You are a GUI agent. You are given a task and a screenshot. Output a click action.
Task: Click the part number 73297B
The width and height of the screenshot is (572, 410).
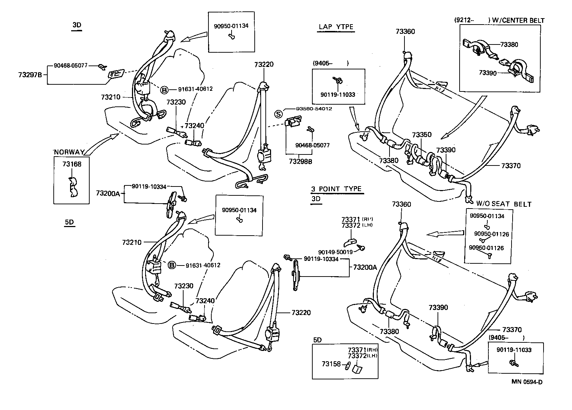click(x=30, y=75)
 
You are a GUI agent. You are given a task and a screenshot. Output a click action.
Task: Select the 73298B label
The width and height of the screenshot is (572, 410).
click(x=300, y=162)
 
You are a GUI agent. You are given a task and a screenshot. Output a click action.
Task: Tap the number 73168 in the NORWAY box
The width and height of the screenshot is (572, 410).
click(x=71, y=164)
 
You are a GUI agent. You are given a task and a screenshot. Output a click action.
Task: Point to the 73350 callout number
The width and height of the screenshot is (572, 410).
click(x=422, y=135)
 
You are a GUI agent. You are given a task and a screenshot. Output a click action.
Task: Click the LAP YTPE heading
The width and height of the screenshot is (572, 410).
click(x=336, y=27)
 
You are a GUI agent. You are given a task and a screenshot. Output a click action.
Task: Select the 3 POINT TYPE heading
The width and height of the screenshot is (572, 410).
click(x=336, y=189)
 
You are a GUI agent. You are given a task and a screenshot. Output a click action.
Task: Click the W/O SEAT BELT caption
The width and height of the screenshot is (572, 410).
click(x=504, y=204)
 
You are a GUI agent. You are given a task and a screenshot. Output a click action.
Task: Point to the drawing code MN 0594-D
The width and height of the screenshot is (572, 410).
click(x=527, y=382)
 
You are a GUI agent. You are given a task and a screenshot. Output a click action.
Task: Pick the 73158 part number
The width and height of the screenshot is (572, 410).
click(x=331, y=364)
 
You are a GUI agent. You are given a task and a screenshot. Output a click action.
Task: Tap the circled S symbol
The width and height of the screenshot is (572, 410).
click(x=279, y=114)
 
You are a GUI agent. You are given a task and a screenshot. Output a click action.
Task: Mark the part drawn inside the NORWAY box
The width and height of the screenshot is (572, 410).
click(x=73, y=186)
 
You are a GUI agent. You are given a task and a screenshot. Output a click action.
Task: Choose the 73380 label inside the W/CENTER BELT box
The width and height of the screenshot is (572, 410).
click(x=509, y=44)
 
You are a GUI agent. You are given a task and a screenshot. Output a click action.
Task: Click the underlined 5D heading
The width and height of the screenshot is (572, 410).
click(x=69, y=222)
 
